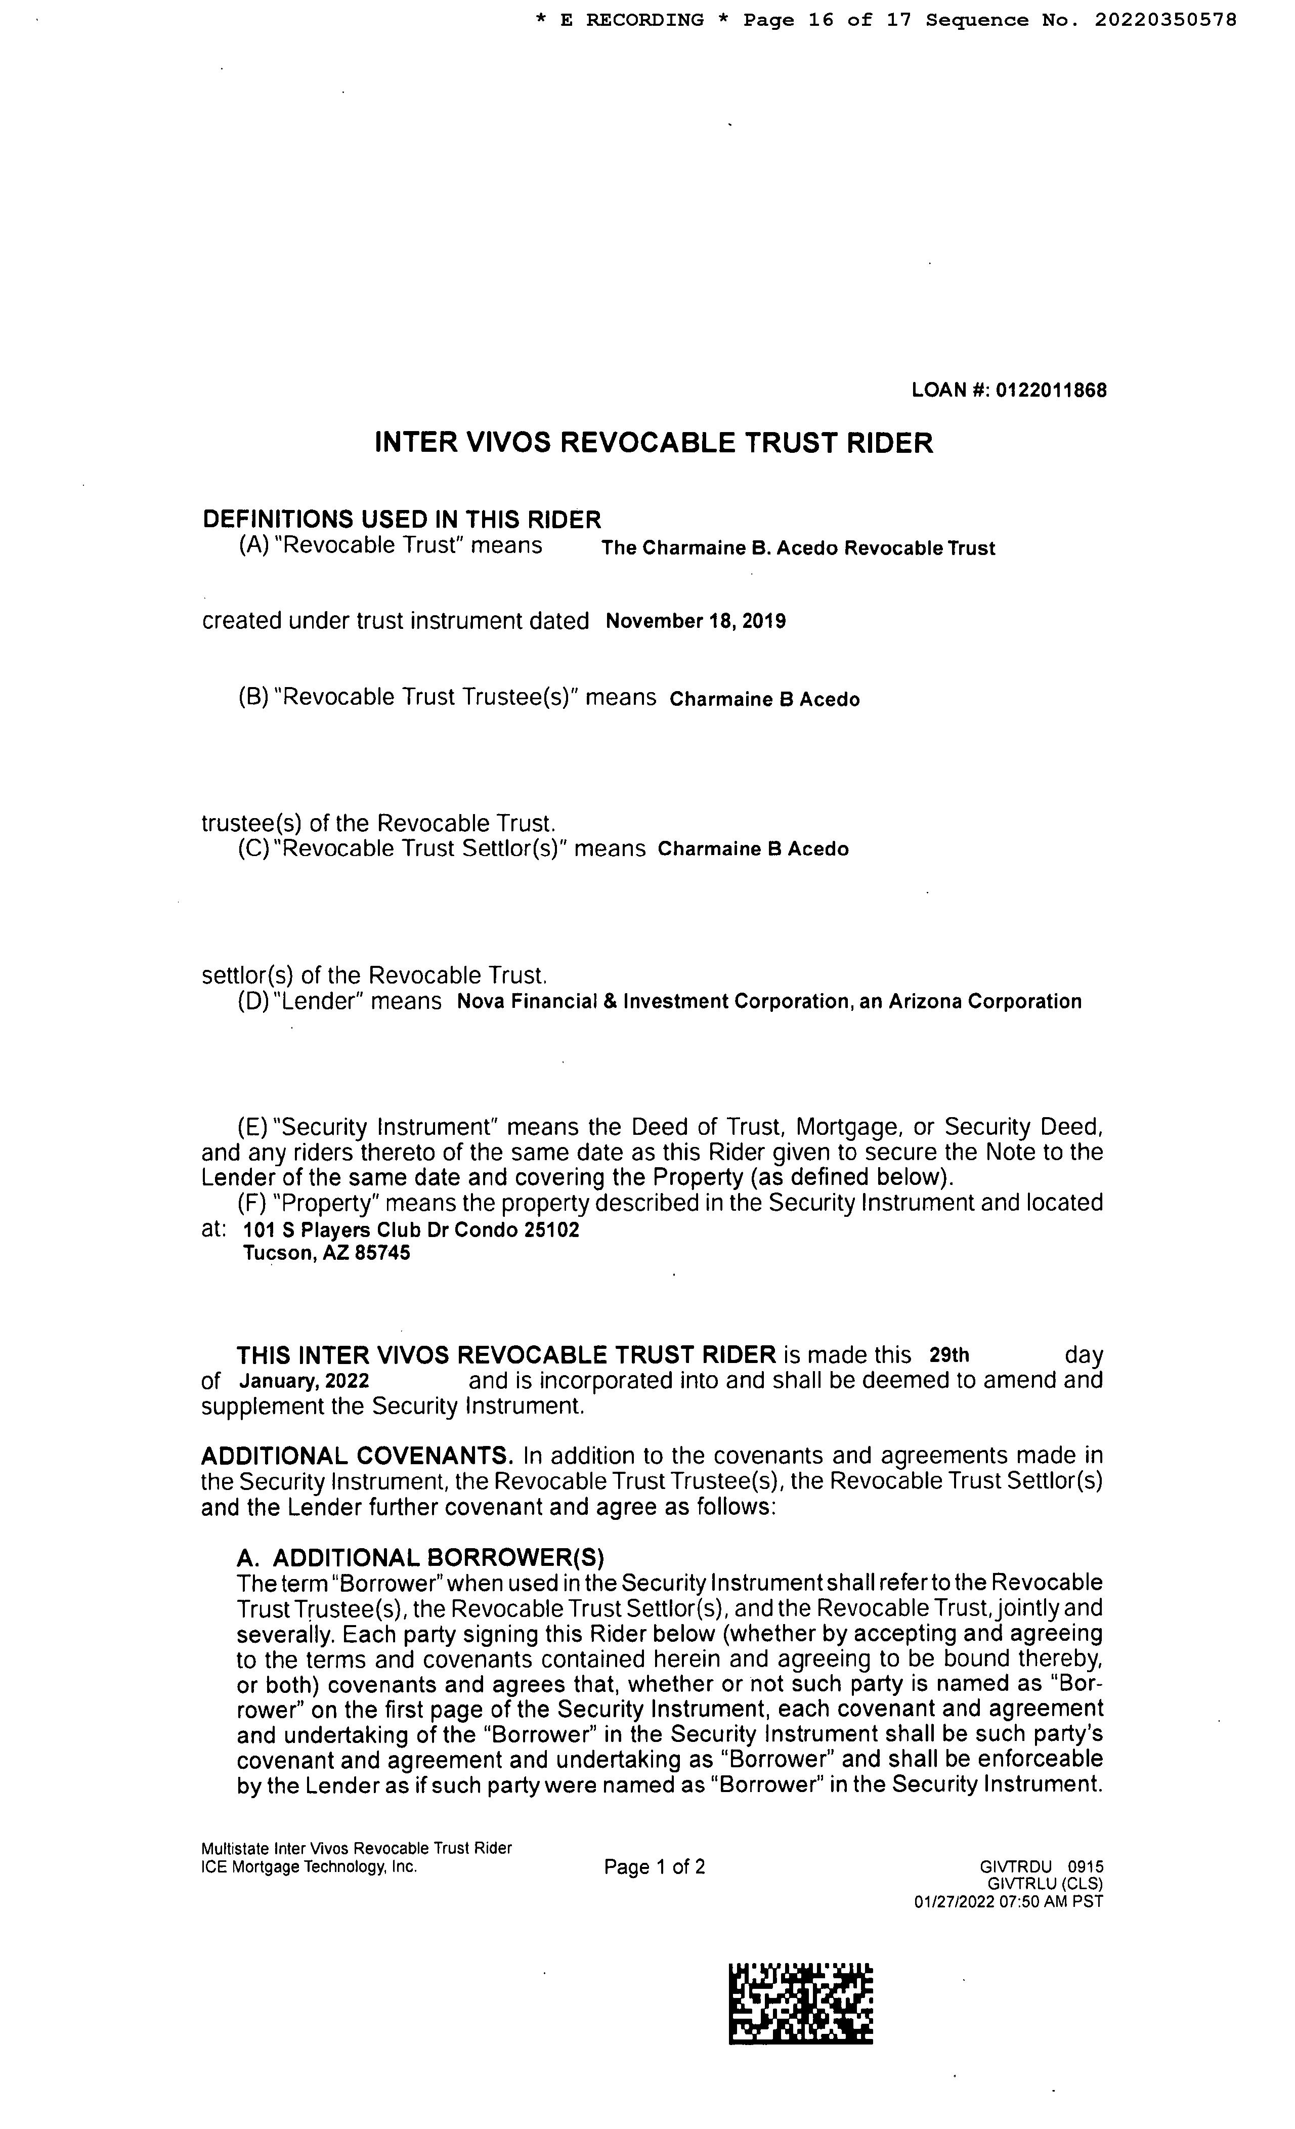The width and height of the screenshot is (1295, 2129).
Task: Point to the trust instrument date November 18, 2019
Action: coord(696,621)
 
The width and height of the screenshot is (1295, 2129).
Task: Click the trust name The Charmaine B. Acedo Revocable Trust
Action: coord(798,548)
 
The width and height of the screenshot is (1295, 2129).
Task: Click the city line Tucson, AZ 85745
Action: coord(327,1253)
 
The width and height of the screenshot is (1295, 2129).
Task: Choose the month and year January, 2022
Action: coord(304,1381)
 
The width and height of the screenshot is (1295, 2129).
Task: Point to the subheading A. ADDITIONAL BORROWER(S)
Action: coord(421,1557)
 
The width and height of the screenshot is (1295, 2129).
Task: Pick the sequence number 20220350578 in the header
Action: coord(1165,20)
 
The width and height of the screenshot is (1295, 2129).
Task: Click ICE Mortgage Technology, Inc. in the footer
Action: coord(309,1866)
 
